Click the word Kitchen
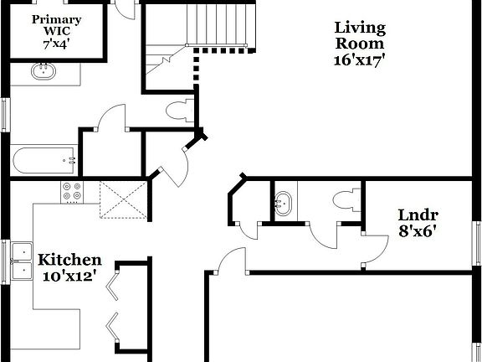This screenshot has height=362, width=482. [x=70, y=261]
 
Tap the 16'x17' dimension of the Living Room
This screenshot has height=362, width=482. [x=360, y=60]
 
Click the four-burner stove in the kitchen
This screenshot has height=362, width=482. [x=72, y=192]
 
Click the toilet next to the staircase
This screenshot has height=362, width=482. [x=178, y=110]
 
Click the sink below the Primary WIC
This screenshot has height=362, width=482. [x=44, y=72]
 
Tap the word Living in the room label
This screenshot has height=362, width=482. [x=360, y=28]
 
